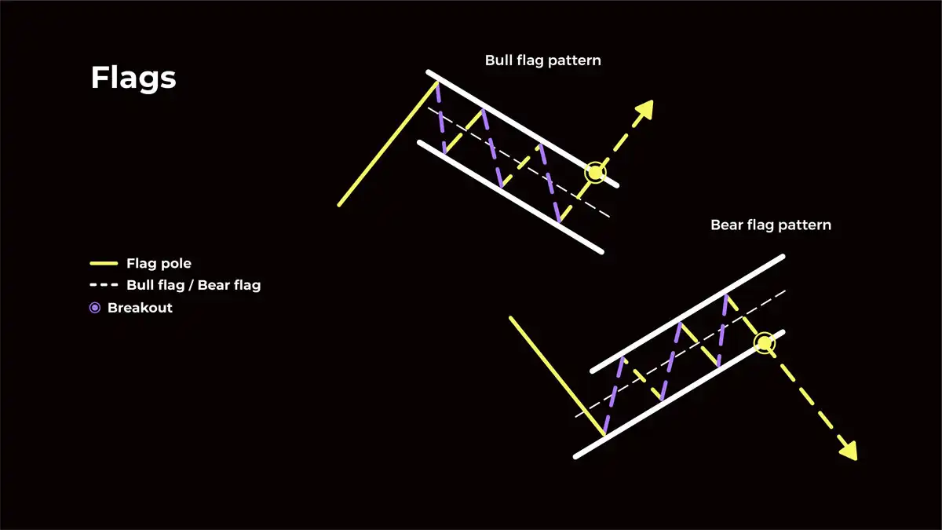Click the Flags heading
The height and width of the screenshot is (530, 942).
click(133, 79)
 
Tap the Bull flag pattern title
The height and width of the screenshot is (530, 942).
click(542, 60)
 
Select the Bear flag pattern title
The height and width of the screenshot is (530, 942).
click(770, 225)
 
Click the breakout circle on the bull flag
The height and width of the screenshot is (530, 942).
click(595, 172)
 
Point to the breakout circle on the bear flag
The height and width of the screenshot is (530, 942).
click(764, 342)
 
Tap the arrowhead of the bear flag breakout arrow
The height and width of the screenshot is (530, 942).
click(848, 451)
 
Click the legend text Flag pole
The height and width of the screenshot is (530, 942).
click(158, 263)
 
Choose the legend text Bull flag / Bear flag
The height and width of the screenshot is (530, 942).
click(193, 285)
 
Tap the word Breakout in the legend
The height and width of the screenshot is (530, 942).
click(140, 308)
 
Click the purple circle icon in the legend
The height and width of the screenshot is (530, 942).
click(95, 308)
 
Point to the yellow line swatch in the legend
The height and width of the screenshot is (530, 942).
click(104, 263)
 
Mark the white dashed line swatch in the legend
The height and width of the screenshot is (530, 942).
click(104, 285)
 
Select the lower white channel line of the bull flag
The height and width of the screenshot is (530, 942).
click(510, 197)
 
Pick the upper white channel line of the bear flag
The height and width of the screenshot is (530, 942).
click(687, 313)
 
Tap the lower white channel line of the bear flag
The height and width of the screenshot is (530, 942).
click(679, 394)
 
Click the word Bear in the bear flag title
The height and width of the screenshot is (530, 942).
click(726, 225)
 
